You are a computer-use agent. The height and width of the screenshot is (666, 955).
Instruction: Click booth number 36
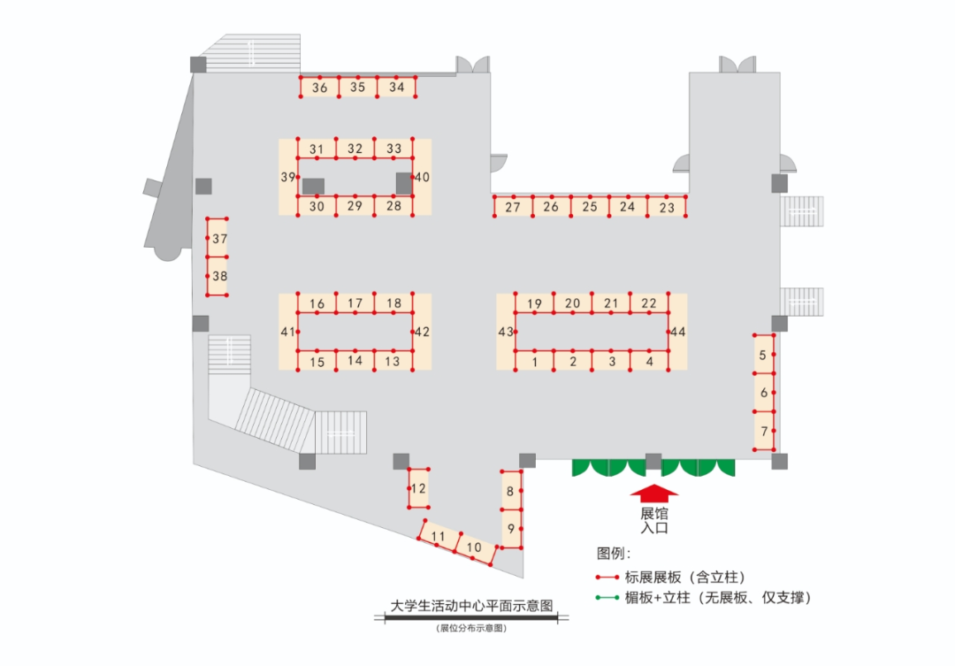[x=319, y=88]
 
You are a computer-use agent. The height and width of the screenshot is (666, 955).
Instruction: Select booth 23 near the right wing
[x=667, y=208]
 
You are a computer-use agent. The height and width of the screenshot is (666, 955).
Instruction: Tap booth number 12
[x=418, y=489]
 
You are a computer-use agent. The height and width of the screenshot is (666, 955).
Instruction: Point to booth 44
[x=677, y=332]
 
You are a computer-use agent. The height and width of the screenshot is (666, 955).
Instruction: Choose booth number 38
[x=219, y=276]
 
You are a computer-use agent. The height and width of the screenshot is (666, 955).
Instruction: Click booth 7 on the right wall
[x=764, y=433]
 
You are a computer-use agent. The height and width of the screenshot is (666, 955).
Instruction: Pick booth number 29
[x=355, y=206]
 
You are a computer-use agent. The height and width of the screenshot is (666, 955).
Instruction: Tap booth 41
[x=287, y=332]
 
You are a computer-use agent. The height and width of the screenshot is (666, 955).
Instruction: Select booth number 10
[x=474, y=547]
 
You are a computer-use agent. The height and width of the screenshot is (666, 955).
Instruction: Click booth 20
[x=572, y=304]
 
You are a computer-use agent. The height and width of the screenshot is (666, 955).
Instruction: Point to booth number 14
[x=355, y=361]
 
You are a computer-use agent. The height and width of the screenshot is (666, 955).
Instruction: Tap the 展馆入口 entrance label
[x=653, y=520]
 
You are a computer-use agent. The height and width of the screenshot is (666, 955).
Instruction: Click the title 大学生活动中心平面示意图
[x=472, y=607]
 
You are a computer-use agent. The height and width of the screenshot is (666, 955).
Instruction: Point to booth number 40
[x=422, y=177]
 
